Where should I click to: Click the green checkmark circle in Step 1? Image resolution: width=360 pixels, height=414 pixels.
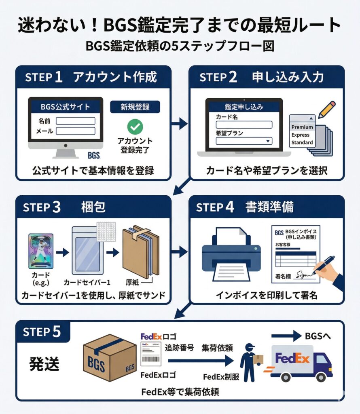pos(135,127)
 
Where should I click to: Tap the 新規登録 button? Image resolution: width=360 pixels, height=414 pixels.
pos(135,107)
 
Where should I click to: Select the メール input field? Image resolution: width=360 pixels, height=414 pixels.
pos(75,131)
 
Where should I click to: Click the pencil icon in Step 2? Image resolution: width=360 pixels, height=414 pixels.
pos(327,110)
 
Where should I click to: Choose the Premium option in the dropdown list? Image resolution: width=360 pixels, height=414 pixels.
pos(302,127)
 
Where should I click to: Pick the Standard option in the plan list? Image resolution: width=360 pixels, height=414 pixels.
pos(302,142)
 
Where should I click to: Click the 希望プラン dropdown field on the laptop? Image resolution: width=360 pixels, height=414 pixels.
pos(244,141)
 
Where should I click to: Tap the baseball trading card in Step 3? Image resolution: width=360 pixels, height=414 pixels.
pos(41,251)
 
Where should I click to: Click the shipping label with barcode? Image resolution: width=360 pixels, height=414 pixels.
pos(150,355)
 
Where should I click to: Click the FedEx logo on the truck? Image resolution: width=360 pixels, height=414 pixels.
pos(292,358)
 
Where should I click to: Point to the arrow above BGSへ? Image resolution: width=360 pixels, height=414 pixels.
pos(286,336)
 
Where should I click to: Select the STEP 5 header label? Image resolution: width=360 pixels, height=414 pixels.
pos(43,332)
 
